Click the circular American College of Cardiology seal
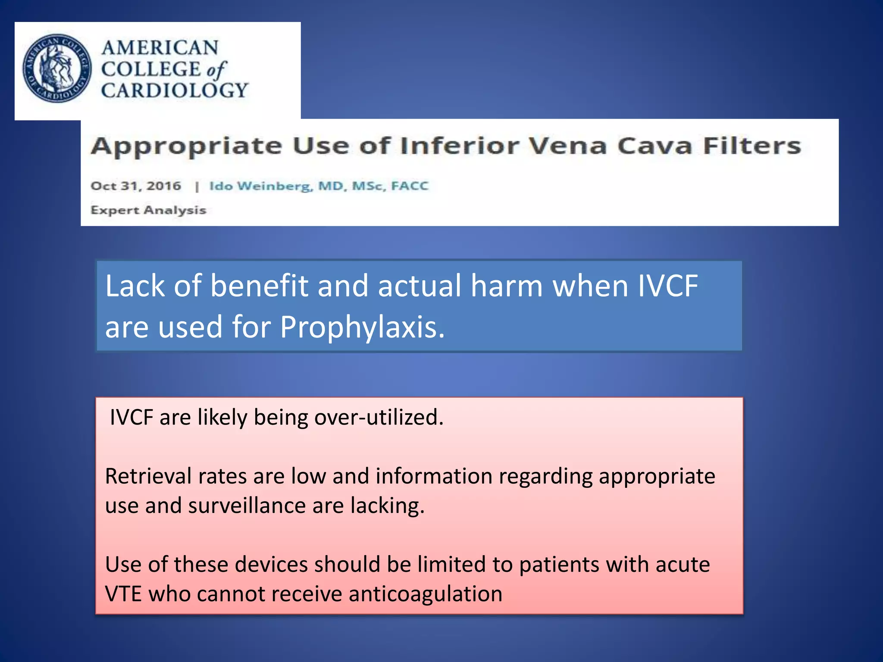coord(57,68)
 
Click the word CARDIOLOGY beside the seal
coord(175,91)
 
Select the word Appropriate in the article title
coord(186,147)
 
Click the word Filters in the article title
coord(752,146)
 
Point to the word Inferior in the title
coord(460,146)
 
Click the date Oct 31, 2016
coord(136,186)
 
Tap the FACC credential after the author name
coord(410,186)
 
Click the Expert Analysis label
coord(148,210)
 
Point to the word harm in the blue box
coord(507,286)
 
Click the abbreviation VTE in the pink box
coord(123,594)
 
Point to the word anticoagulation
coord(426,594)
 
